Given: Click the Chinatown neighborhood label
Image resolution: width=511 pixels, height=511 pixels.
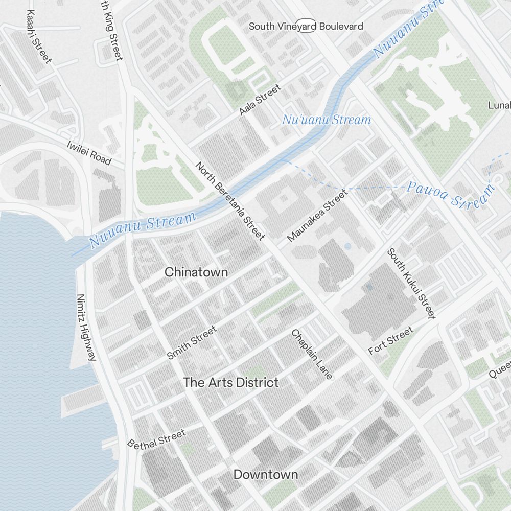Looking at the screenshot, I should click(x=196, y=272).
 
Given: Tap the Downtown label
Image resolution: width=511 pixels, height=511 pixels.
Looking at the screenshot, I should click(x=265, y=474).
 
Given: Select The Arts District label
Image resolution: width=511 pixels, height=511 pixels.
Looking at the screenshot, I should click(x=230, y=382).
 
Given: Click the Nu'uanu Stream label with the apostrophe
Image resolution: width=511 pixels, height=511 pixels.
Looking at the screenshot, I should click(x=326, y=120).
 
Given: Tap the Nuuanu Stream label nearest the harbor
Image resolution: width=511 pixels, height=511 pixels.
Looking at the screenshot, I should click(x=143, y=230).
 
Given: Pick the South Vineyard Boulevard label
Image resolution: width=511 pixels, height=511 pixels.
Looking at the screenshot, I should click(x=306, y=26).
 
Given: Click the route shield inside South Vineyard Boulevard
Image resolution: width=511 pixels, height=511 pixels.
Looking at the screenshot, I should click(x=308, y=27).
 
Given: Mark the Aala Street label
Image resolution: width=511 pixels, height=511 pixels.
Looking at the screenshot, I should click(x=261, y=100).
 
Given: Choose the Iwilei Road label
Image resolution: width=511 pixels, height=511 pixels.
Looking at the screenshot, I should click(x=89, y=152).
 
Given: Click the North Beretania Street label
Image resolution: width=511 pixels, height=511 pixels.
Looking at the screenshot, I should click(x=230, y=201).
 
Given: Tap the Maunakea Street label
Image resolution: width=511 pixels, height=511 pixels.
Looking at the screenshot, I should click(x=317, y=215).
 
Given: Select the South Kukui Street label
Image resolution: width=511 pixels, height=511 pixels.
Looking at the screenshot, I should click(x=411, y=283).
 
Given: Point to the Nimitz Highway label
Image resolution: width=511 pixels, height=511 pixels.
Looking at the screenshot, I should click(x=86, y=327).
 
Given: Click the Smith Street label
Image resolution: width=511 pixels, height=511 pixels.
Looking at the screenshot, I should click(x=192, y=342).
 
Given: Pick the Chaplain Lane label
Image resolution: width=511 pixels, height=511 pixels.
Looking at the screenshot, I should click(x=312, y=354).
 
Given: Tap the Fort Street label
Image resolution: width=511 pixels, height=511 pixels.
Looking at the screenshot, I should click(x=391, y=341).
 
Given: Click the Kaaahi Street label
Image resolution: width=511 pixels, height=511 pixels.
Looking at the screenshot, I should click(x=39, y=37).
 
